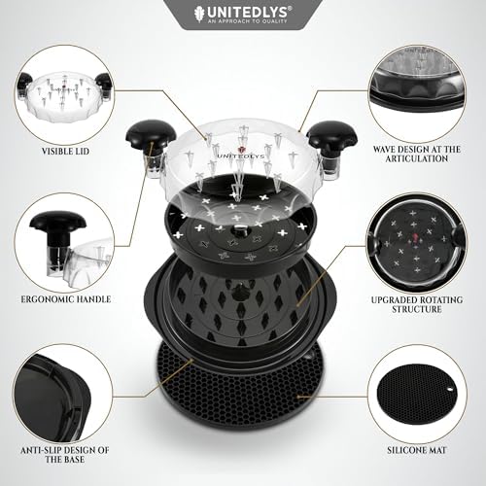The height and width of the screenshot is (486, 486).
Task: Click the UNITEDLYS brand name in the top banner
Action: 246,13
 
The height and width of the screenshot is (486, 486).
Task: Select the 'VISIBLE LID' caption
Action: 65,152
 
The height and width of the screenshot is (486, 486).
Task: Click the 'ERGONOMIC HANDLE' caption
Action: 66,299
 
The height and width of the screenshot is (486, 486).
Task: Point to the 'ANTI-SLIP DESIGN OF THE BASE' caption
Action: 65,455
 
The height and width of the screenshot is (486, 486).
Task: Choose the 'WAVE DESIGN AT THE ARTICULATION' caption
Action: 417,154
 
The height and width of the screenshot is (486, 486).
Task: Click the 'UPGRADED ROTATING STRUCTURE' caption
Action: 417,304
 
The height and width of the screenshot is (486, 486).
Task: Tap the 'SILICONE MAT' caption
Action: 417,450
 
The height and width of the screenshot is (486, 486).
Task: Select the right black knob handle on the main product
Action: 331,133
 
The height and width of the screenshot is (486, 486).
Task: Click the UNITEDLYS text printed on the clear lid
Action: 240,156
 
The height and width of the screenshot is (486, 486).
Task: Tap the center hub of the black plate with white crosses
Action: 240,228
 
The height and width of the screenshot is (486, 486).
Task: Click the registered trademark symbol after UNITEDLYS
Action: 290,9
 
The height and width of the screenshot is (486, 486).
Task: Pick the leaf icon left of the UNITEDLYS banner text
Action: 199,15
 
